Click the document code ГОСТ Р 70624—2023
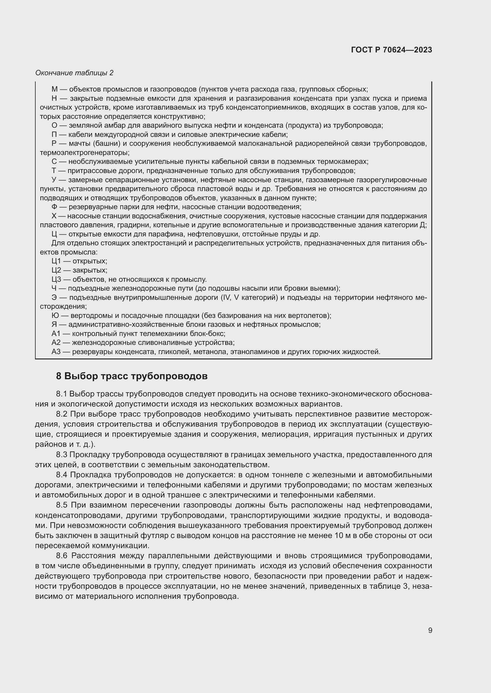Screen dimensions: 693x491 pos(392,50)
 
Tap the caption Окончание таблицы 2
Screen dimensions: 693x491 pos(75,73)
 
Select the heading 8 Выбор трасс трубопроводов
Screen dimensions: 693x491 pos(132,376)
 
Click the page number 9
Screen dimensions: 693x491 pos(430,630)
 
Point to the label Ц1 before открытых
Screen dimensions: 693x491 pos(56,261)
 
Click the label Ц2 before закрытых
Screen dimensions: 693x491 pos(56,270)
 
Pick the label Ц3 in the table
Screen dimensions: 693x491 pos(56,279)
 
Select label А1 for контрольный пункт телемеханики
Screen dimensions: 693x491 pos(56,334)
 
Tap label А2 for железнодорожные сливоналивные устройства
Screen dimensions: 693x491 pos(56,343)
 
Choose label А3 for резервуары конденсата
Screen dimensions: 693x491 pos(56,352)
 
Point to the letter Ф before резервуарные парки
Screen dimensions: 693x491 pos(54,207)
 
